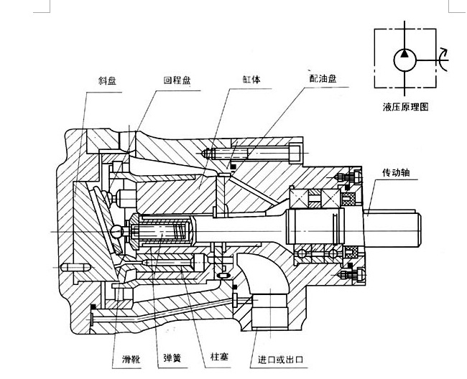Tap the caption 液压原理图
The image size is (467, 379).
pyautogui.click(x=407, y=108)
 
